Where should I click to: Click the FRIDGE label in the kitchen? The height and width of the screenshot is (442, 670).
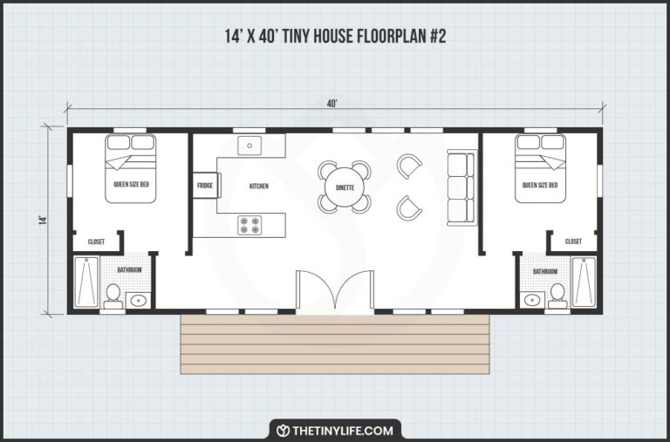coord(205,186)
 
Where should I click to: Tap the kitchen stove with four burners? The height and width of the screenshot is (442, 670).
coord(250,225)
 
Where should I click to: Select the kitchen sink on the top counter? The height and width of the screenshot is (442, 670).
coord(250,146)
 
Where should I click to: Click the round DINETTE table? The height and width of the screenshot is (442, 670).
coord(344,187)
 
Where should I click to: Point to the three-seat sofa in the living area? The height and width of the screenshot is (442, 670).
coord(461,187)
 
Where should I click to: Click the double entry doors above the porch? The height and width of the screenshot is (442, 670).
coord(335,292)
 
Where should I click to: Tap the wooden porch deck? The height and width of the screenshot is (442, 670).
coord(335,343)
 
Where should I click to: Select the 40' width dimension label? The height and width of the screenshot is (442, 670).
coord(332,104)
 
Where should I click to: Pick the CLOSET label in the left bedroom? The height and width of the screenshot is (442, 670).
coord(96,241)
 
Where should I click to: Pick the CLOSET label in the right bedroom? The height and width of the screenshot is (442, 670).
coord(573,241)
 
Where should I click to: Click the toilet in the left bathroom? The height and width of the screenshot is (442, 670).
coord(113,296)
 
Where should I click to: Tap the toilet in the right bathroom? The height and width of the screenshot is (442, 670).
coord(557,296)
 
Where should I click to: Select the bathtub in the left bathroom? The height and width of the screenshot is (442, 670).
coord(86,282)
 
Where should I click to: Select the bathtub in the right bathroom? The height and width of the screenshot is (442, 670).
coord(584,282)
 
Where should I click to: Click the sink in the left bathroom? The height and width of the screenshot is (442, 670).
coord(138,301)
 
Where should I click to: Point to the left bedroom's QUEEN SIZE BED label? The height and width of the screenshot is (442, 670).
coord(131,185)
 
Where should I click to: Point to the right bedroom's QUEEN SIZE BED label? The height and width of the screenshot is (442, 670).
coord(540,185)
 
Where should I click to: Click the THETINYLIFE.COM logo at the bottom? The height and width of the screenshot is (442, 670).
coord(335,430)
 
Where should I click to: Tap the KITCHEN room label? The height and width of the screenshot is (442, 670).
coord(259,186)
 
